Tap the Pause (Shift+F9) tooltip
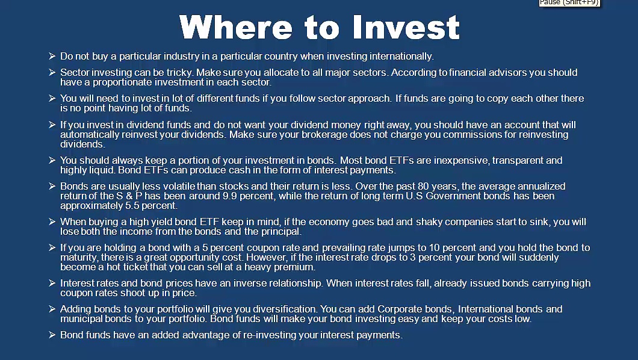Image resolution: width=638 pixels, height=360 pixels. pos(569,3)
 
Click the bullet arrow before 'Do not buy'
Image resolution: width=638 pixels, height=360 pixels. pos(52,57)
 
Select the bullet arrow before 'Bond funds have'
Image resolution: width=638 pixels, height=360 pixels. pos(52,335)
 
